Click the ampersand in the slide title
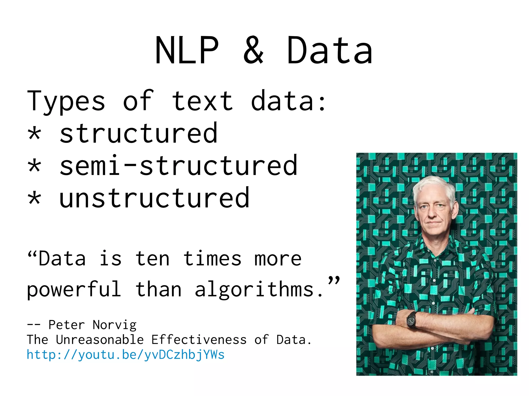pos(253,50)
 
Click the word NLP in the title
pos(187,50)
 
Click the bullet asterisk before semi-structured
pos(34,166)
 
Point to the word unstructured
pos(154,198)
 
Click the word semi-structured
pos(178,166)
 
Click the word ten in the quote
pos(152,259)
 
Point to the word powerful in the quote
pos(74,290)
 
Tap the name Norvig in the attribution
pos(114,325)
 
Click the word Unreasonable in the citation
pos(100,340)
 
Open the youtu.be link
pos(126,355)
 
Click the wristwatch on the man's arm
pos(411,320)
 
